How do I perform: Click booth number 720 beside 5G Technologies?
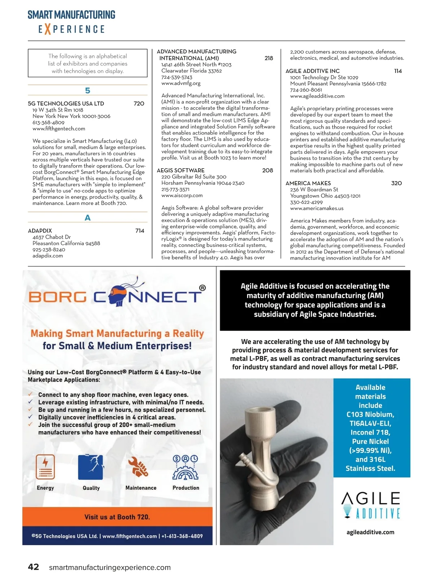point(139,104)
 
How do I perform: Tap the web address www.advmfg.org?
point(181,83)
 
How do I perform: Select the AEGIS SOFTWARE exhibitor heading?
point(180,170)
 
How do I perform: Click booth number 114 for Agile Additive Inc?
point(398,71)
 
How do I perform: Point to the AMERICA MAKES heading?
point(308,183)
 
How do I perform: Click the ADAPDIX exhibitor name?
point(40,231)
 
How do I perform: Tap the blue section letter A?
point(88,218)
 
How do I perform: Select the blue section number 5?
point(88,91)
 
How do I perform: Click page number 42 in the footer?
point(34,567)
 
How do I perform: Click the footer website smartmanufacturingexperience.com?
point(110,568)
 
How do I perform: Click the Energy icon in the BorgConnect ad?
point(45,467)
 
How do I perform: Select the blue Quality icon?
point(91,467)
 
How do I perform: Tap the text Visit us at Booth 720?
point(117,517)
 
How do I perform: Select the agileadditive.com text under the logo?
point(370,532)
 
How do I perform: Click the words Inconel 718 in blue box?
point(370,432)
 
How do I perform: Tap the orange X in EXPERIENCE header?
point(47,29)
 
